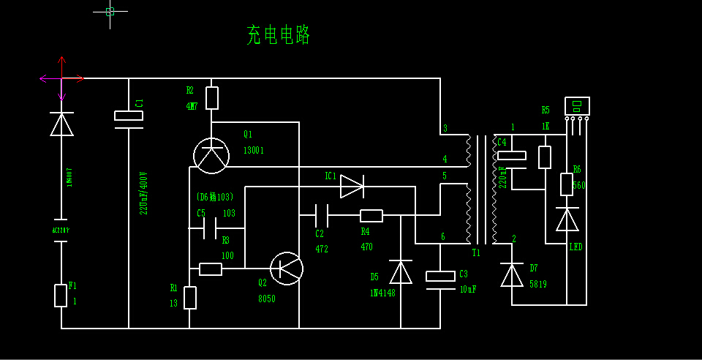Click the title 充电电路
279,34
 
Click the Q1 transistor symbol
211,155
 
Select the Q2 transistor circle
286,269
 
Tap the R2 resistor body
212,98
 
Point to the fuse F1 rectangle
61,296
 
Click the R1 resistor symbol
189,298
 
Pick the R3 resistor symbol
211,269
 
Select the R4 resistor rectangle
371,215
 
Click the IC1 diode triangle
352,186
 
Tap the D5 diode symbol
401,272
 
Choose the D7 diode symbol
512,274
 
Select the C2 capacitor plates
321,215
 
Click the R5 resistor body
545,157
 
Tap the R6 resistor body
567,184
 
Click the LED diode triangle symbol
567,220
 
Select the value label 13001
254,151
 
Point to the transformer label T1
476,253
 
